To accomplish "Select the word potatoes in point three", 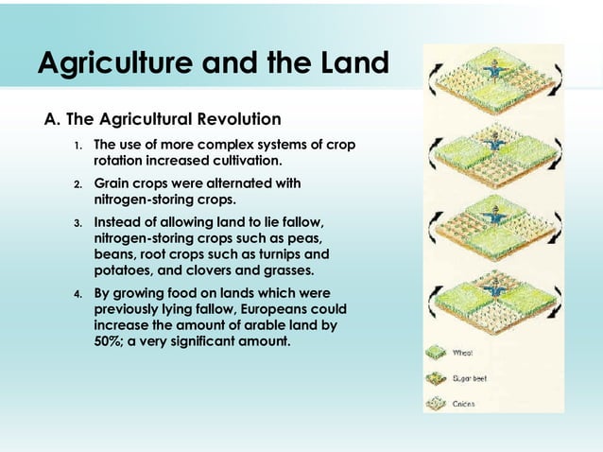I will coord(126,270).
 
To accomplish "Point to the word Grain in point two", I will coord(112,183).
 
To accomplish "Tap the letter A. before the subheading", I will coord(53,120).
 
